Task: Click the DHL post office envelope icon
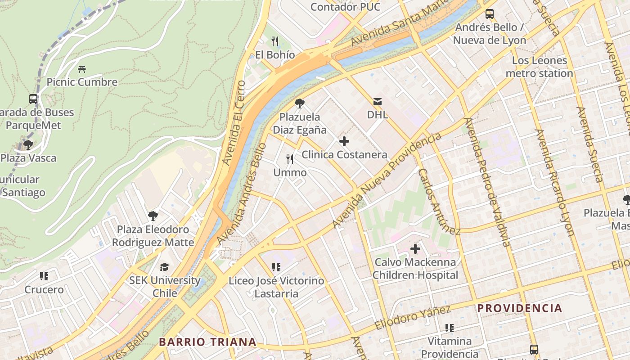(x=377, y=102)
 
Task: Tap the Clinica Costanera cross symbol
(x=344, y=141)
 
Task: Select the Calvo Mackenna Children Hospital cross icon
(x=415, y=248)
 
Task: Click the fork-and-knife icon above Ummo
(x=290, y=159)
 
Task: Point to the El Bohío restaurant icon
(x=275, y=41)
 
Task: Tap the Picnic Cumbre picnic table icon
(x=82, y=69)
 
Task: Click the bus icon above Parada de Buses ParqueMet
(x=33, y=99)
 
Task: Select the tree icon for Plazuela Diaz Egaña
(x=299, y=103)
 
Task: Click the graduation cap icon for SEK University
(x=165, y=267)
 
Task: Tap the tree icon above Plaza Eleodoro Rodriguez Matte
(x=153, y=216)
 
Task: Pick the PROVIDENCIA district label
(x=520, y=308)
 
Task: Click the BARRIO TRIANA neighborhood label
(x=207, y=342)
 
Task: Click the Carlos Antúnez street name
(x=439, y=202)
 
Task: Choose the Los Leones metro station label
(x=539, y=67)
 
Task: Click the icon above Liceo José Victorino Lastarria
(x=276, y=267)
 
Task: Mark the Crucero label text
(x=44, y=289)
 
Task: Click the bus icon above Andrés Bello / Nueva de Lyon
(x=489, y=14)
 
